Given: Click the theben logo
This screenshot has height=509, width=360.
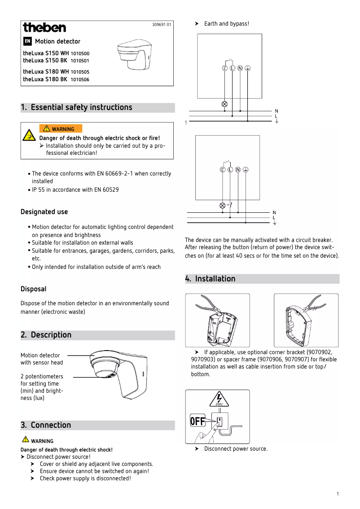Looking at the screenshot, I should coord(44,28).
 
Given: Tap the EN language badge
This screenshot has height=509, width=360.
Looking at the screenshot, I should coord(27,41).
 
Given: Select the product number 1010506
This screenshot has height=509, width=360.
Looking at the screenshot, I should coord(80,79).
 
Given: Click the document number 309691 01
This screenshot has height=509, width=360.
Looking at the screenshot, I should coord(162,24).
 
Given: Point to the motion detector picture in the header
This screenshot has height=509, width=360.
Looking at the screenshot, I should coord(134,55).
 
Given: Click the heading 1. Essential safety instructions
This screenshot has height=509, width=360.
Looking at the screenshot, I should coord(76,107).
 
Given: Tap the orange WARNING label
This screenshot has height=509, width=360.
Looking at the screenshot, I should coord(61,129).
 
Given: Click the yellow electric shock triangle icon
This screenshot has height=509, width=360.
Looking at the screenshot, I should coord(30,135).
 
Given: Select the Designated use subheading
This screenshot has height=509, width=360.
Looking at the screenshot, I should coord(44,212).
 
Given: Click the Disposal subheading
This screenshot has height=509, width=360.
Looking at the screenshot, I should coord(33,289).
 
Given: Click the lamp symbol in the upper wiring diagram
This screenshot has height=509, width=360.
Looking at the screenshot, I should coord(224,104).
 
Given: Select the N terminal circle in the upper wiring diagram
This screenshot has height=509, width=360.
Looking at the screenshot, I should coord(240,68).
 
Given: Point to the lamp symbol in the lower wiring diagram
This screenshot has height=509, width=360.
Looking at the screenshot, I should coord(222,206).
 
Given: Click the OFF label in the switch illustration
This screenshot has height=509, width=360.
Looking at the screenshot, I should coord(198,421).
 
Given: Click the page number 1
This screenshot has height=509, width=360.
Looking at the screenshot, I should coord(337,494).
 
